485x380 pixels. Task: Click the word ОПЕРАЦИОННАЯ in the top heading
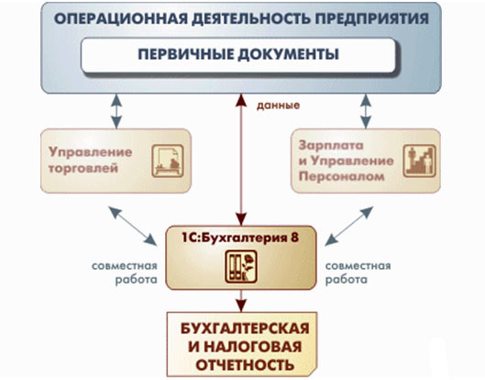(121, 18)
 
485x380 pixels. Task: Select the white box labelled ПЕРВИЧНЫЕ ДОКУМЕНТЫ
(238, 55)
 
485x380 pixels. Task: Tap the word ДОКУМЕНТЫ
(289, 54)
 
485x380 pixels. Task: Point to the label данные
(278, 106)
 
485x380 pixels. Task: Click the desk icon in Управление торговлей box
(168, 161)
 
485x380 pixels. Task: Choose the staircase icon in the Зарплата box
(419, 161)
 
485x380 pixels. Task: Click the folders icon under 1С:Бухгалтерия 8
(241, 266)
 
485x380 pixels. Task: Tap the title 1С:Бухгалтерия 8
(240, 238)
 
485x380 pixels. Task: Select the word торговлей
(83, 169)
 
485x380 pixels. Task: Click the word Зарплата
(331, 145)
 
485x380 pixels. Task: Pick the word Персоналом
(341, 177)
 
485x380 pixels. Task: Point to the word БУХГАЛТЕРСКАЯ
(245, 329)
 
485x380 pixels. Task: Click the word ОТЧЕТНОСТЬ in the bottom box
(245, 365)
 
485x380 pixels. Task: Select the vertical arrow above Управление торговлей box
(116, 111)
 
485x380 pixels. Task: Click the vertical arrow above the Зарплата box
(366, 111)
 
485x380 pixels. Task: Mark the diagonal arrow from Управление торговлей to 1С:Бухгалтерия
(133, 226)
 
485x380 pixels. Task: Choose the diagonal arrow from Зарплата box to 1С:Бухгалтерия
(349, 226)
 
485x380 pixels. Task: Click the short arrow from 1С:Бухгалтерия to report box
(241, 301)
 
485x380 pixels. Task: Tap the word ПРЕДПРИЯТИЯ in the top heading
(372, 18)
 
